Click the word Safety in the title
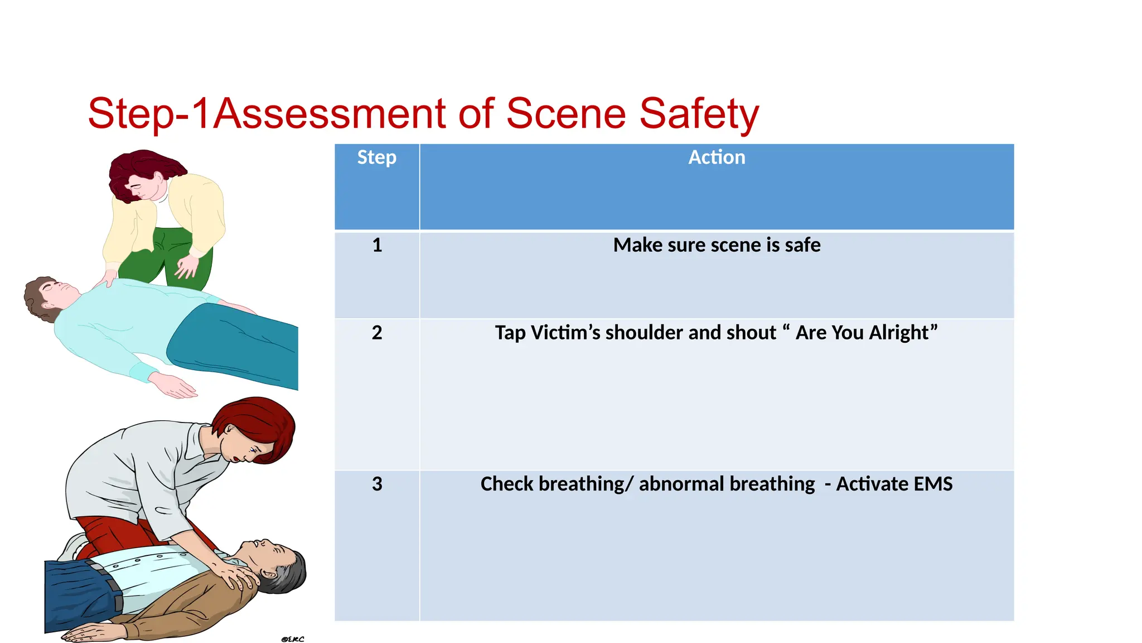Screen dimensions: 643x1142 698,114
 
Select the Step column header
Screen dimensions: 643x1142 376,157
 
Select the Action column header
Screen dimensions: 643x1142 717,157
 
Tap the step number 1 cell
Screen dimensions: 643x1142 377,245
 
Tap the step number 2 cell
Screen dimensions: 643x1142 377,333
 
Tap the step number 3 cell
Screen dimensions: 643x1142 377,484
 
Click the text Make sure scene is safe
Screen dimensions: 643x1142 717,245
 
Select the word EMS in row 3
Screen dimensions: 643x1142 933,484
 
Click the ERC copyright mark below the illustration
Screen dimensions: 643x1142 293,639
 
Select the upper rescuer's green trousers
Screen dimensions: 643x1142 167,257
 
